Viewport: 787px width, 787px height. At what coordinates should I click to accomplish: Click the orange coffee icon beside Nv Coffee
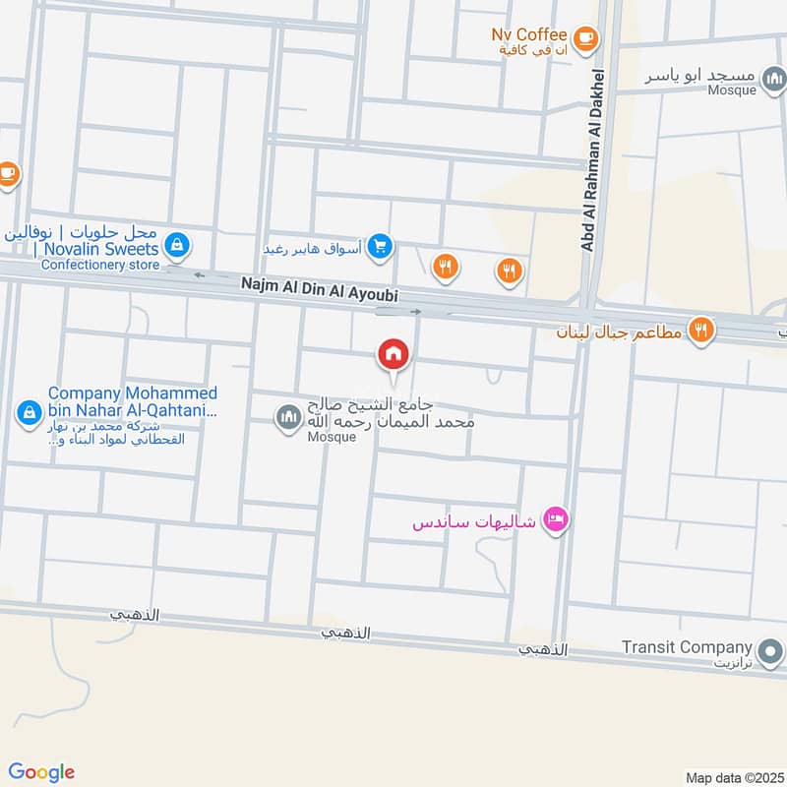[x=586, y=37]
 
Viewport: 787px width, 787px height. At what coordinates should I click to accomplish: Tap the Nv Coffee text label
[x=529, y=34]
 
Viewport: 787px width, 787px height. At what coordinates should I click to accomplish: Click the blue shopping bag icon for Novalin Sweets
[x=177, y=243]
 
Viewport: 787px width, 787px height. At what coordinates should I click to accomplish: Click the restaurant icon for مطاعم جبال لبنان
[x=700, y=330]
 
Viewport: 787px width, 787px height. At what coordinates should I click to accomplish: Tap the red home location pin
[x=393, y=354]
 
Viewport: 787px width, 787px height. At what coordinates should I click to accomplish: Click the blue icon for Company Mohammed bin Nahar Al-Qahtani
[x=29, y=409]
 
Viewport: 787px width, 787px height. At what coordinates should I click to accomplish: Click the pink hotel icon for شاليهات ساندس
[x=556, y=519]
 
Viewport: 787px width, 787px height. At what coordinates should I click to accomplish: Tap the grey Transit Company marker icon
[x=771, y=649]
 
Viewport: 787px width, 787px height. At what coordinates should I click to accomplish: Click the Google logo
[x=42, y=772]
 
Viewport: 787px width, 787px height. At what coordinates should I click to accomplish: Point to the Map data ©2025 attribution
[x=732, y=777]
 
